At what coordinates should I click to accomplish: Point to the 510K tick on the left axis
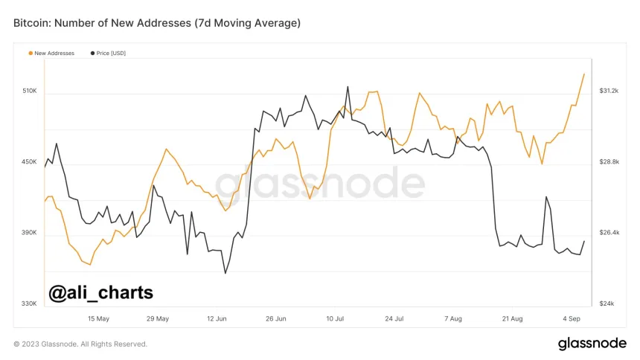[29, 91]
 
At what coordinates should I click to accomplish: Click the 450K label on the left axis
[29, 161]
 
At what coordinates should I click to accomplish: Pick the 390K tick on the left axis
[29, 233]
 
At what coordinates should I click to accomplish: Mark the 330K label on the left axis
[29, 303]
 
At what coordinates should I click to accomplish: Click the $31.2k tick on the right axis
[609, 91]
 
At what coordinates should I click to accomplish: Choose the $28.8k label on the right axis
[609, 161]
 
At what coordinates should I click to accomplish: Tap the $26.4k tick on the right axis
[609, 233]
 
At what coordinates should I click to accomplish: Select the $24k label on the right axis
[606, 303]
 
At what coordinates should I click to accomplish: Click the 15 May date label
[98, 318]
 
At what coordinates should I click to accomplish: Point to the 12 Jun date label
[217, 318]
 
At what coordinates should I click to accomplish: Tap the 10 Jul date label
[335, 318]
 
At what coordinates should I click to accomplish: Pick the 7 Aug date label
[452, 318]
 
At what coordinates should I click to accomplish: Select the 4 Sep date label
[571, 318]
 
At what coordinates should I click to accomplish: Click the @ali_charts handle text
[100, 292]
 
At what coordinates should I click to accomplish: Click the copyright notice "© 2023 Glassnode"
[80, 344]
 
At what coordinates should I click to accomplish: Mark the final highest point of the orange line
[584, 74]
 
